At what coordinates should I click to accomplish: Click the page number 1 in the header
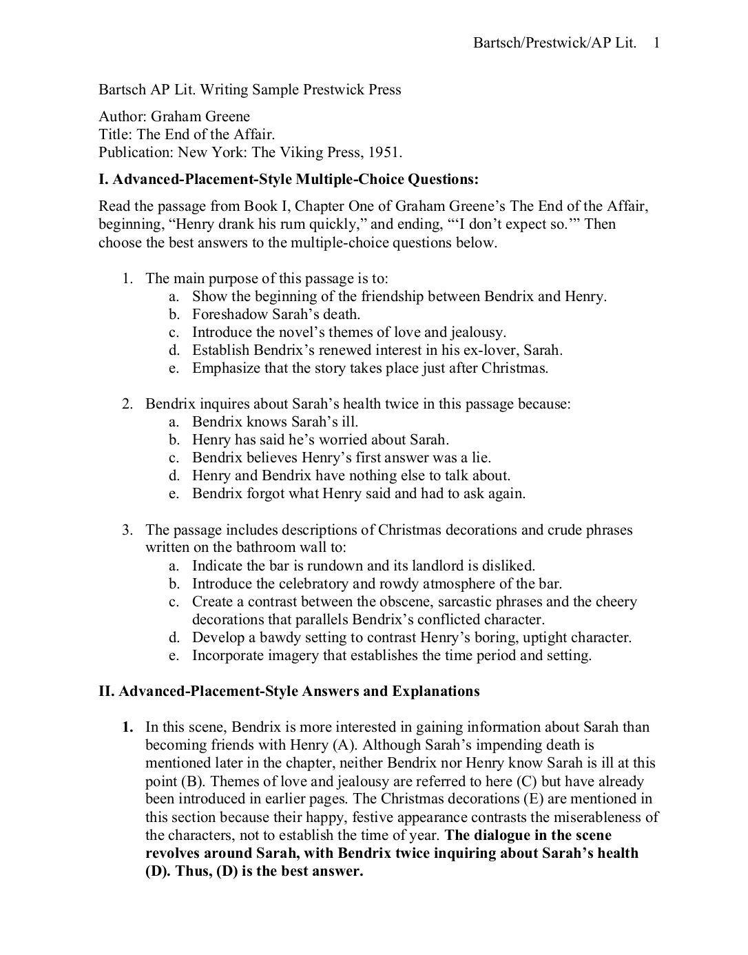656,43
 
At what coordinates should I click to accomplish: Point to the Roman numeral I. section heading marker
103,180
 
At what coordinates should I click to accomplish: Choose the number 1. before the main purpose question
127,278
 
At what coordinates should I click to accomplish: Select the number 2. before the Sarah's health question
127,404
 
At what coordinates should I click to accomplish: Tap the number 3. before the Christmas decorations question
127,530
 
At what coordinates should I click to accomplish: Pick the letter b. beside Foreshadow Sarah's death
174,314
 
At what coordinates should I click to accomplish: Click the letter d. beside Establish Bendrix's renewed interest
174,350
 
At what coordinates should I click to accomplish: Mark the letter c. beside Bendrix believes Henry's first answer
174,458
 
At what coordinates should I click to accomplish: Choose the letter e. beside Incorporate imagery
174,655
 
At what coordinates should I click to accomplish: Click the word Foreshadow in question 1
225,314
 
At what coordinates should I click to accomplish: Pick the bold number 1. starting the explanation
127,727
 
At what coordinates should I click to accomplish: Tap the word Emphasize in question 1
226,368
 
